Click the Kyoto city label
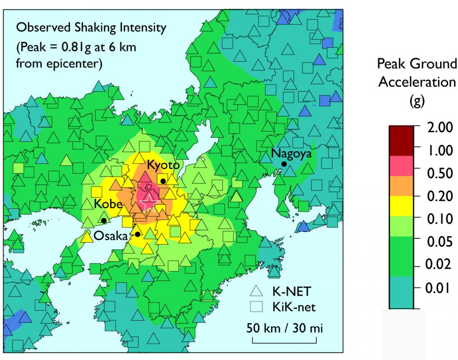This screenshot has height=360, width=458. tap(164, 165)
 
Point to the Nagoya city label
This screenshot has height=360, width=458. tap(291, 153)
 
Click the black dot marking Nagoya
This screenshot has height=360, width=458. tap(284, 164)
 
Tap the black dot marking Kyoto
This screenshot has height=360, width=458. tap(163, 181)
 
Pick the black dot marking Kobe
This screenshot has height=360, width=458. tap(104, 220)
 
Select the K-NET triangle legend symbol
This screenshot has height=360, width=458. tap(257, 292)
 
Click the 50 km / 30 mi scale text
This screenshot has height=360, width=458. tap(284, 328)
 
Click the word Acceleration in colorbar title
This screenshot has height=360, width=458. tap(417, 82)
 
